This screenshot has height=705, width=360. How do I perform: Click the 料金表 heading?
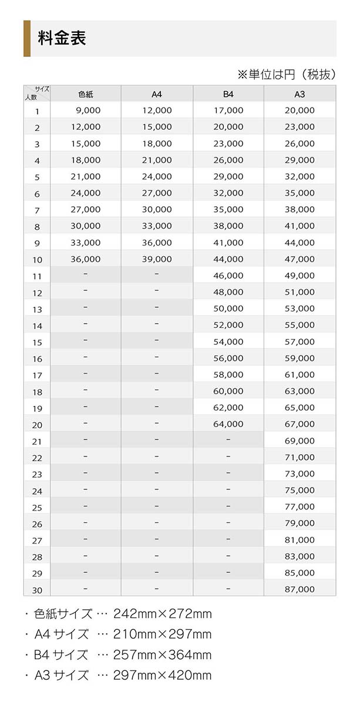pos(62,38)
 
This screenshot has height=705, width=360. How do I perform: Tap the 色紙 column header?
pos(86,94)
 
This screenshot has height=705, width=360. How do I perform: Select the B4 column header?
pos(228,94)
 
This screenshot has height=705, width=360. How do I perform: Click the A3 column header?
pos(300,94)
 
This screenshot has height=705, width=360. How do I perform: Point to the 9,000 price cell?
pos(89,110)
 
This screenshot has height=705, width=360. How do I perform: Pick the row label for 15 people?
pos(37,343)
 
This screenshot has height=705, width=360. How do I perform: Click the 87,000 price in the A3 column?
pos(300,589)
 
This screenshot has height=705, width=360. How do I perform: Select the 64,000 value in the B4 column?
pos(228,424)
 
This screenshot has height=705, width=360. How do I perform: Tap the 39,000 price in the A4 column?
pos(157,259)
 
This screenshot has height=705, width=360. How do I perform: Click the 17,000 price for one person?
pos(228,110)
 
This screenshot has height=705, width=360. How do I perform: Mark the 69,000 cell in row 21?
pos(300,441)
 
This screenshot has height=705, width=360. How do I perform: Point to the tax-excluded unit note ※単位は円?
pos(286,74)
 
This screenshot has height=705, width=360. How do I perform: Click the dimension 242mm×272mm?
pos(163,615)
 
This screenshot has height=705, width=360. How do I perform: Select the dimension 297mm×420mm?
pos(163,675)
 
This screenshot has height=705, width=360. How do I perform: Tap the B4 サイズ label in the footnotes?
pos(61,655)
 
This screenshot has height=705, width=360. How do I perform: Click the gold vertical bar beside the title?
pos(26,38)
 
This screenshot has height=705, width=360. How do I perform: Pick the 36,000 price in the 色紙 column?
pos(86,259)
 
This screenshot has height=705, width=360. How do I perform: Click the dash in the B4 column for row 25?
pos(228,506)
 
